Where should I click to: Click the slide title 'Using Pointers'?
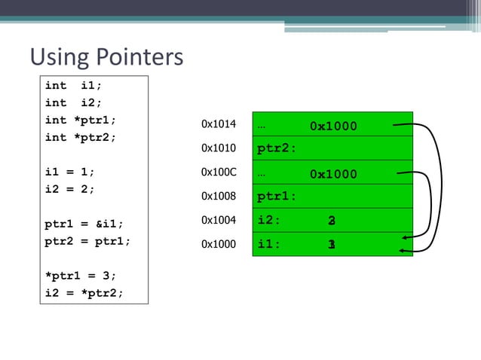pos(106,57)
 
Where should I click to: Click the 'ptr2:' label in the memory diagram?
pos(276,148)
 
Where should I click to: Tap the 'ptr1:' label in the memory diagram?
pos(276,197)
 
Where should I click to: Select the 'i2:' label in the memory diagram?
pos(269,221)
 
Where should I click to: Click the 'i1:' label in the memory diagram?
pos(269,245)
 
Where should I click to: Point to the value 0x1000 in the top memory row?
pos(333,126)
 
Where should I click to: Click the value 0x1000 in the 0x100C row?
pos(333,174)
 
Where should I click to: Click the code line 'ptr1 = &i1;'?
pos(84,224)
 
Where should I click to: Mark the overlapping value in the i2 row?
pos(332,221)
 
